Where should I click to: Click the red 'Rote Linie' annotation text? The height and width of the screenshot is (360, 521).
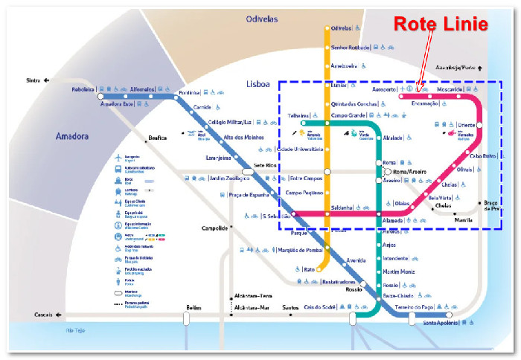tap(441, 24)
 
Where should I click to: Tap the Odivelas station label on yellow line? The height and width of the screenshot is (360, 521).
tap(341, 28)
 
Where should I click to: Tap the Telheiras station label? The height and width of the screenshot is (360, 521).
tap(299, 115)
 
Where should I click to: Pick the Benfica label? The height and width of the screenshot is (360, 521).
tap(157, 138)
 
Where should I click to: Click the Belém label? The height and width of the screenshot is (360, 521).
tap(194, 307)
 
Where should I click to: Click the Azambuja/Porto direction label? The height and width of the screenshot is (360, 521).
tap(457, 66)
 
